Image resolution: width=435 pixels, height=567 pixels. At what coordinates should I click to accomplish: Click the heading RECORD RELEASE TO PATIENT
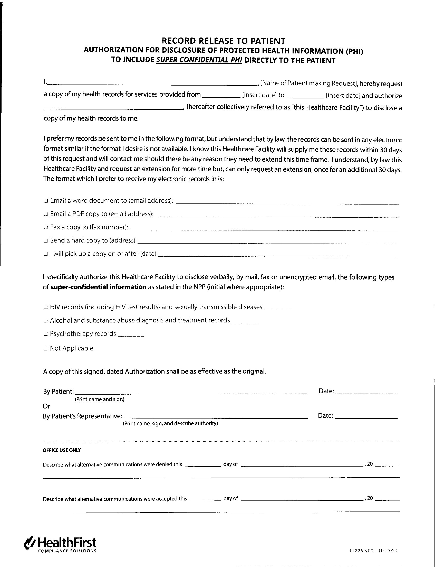point(223,41)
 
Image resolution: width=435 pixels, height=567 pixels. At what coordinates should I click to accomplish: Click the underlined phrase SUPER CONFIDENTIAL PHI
point(199,60)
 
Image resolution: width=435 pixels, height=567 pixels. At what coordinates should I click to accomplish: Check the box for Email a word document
point(46,201)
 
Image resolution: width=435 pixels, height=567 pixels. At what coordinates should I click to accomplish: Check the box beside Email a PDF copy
point(46,214)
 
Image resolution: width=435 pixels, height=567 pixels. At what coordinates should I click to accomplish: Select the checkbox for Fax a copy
point(46,228)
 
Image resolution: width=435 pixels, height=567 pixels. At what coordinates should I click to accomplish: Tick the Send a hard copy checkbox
point(46,241)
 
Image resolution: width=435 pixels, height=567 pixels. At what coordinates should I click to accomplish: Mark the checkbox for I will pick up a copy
point(46,254)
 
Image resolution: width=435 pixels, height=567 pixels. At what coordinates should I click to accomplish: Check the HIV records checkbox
point(46,308)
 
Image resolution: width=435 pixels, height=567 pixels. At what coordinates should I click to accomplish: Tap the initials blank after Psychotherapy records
point(131,335)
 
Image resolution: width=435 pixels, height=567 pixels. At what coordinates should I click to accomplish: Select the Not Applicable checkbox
point(46,349)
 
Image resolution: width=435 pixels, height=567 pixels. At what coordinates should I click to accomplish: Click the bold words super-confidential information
point(98,287)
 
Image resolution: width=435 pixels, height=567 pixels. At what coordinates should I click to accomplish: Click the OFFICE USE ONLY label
point(62,450)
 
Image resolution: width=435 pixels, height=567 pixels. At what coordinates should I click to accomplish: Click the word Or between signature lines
point(46,406)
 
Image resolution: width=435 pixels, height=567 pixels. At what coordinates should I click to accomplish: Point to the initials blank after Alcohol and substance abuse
point(244,322)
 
